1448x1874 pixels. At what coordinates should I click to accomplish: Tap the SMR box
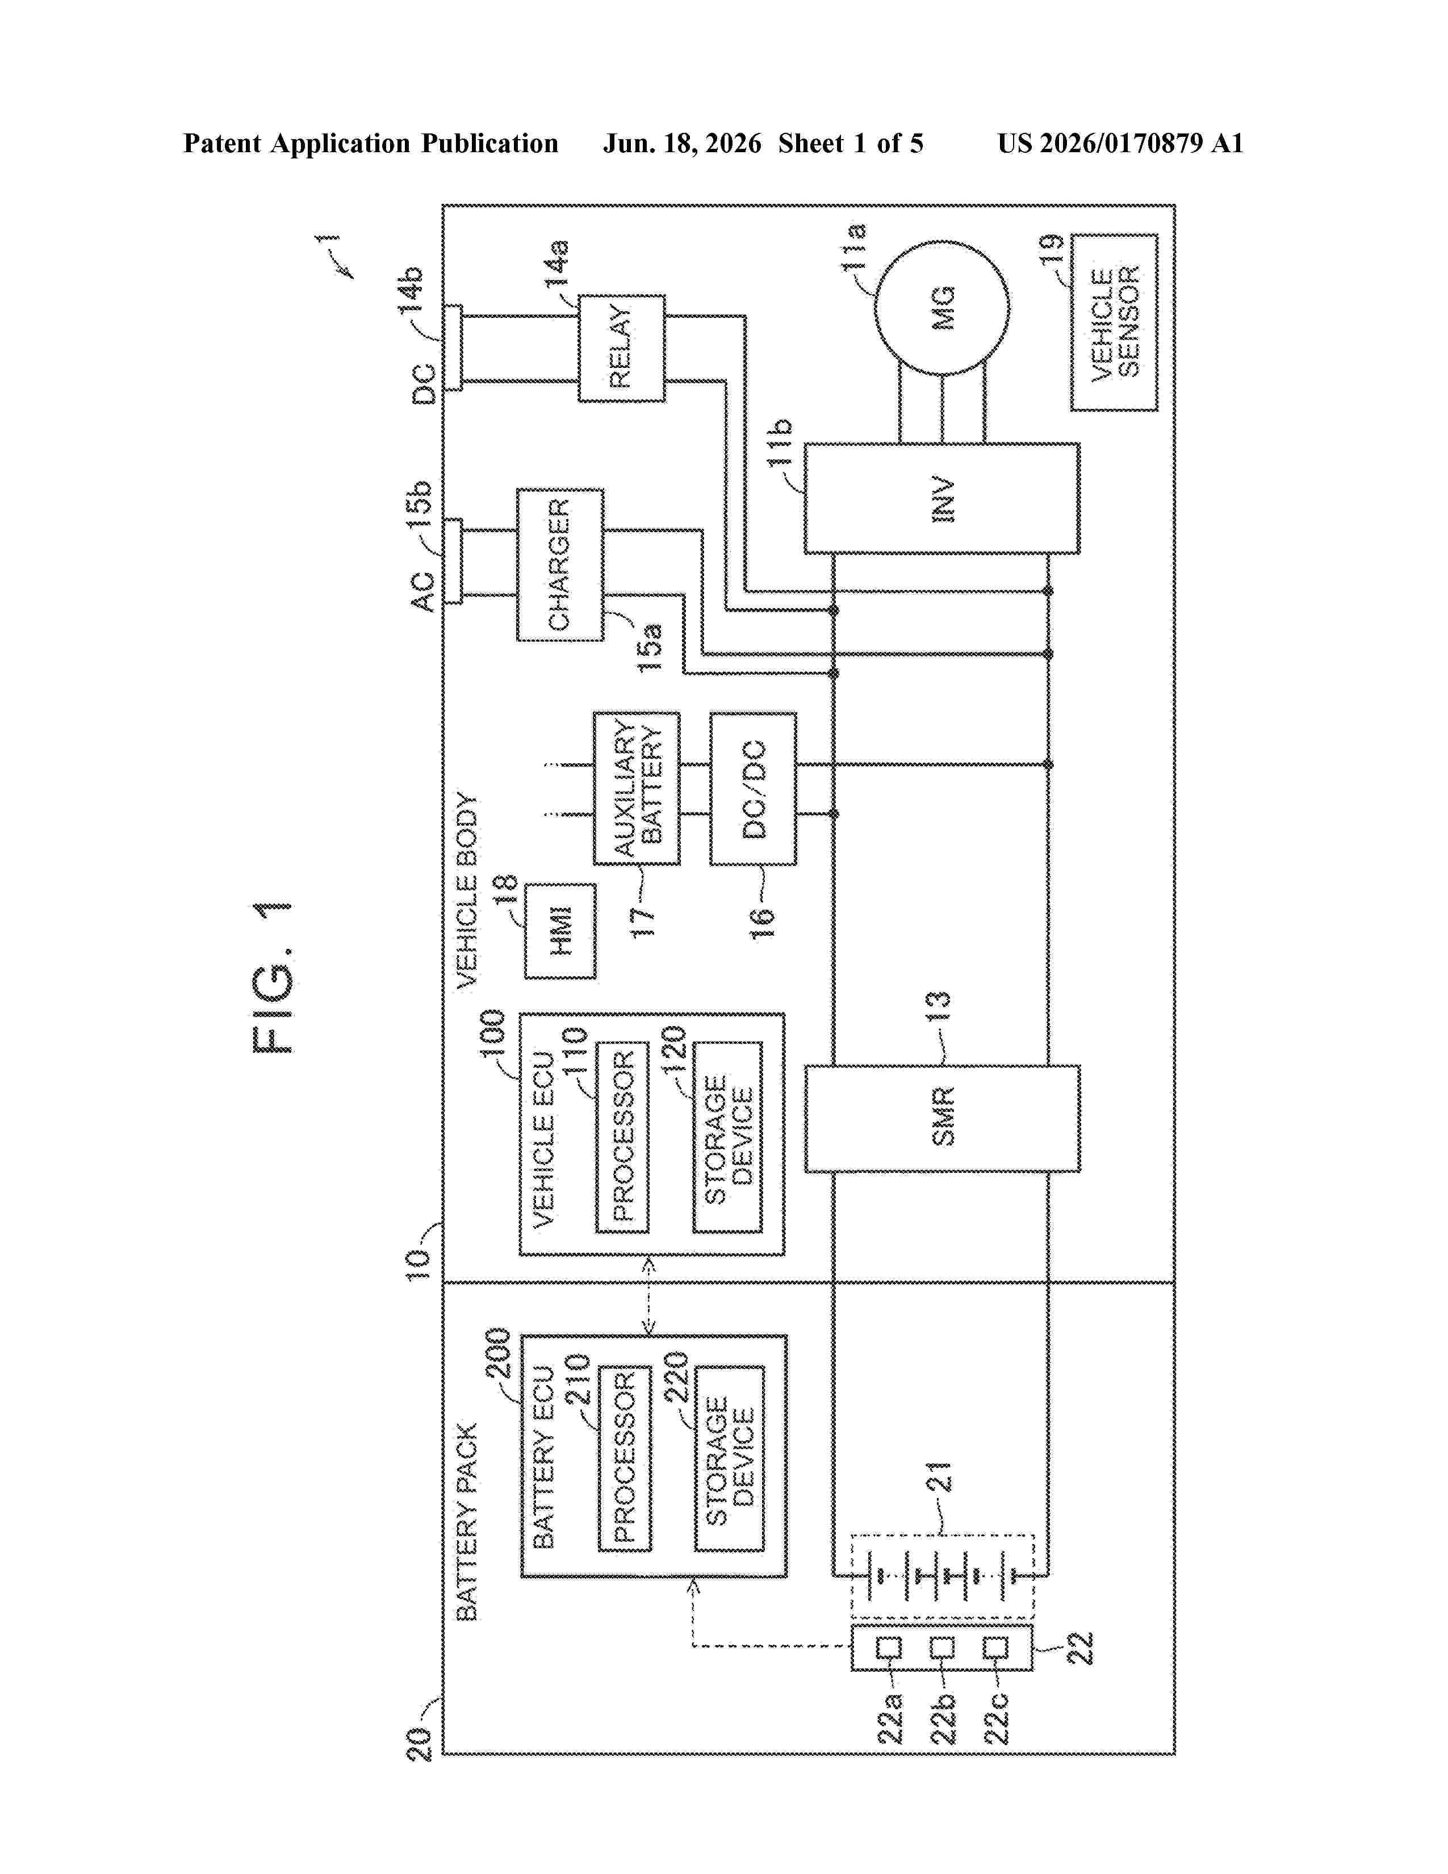(942, 1118)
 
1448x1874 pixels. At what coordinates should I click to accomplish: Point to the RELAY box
(621, 348)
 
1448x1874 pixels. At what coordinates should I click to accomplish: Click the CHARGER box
(560, 564)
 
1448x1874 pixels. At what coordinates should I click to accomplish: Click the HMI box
(560, 931)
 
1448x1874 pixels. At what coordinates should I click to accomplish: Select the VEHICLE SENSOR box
(1114, 323)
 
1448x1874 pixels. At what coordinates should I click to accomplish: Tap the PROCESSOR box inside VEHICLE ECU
(622, 1137)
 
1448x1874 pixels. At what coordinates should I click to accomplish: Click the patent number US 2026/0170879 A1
(1120, 143)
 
